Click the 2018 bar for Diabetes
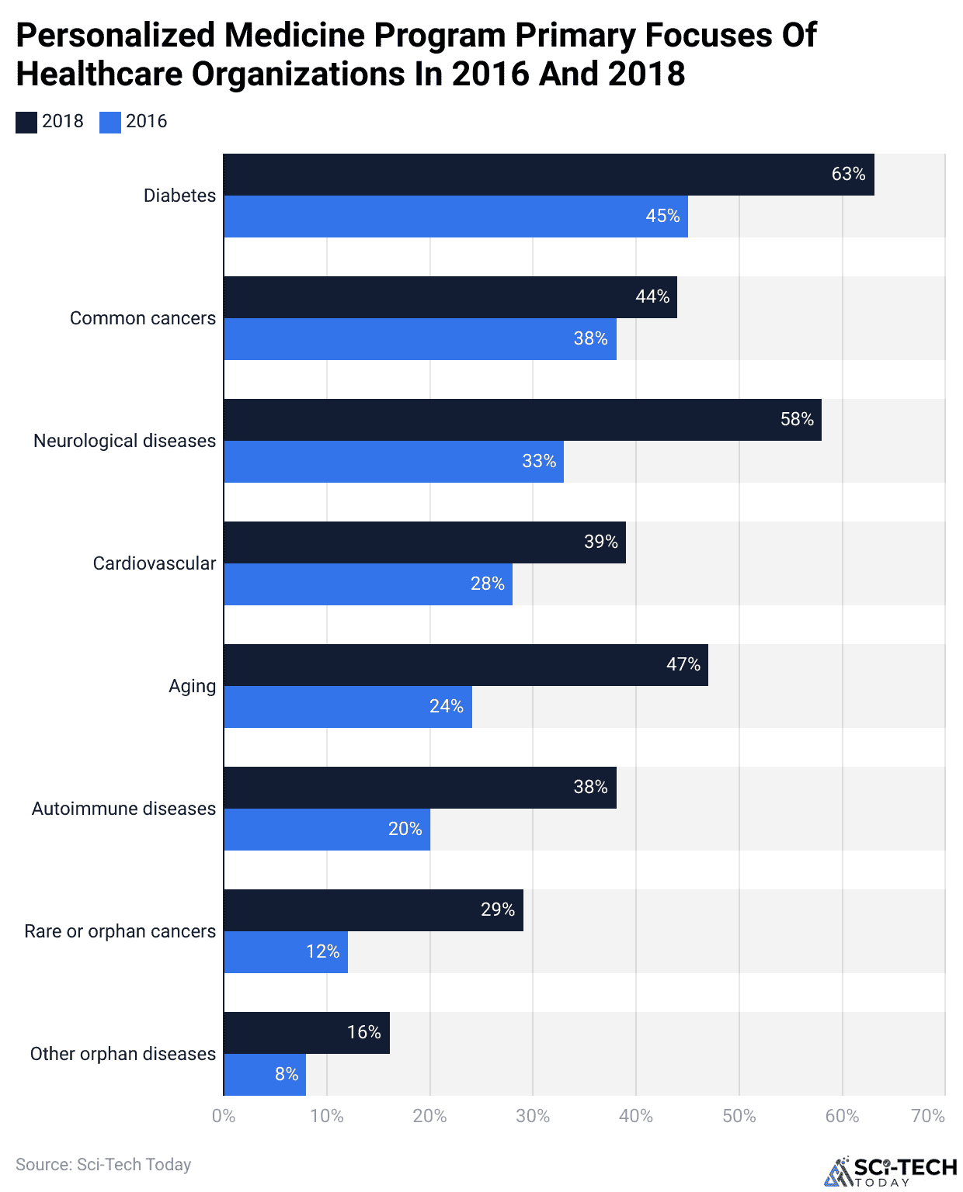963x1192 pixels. click(548, 175)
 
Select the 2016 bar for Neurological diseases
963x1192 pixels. click(393, 462)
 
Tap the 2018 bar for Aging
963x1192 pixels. click(465, 665)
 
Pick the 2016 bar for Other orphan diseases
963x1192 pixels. click(264, 1075)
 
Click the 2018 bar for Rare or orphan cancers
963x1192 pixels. click(373, 910)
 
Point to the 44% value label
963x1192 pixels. click(652, 296)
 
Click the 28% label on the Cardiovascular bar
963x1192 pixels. click(488, 584)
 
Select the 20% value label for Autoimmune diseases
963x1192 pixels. click(405, 829)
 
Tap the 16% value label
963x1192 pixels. click(364, 1032)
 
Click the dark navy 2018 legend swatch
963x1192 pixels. click(26, 123)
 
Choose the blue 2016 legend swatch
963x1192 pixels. click(110, 123)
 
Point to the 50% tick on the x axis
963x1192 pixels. click(739, 1116)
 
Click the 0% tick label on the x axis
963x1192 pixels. click(224, 1116)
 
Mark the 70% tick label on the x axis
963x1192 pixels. click(928, 1116)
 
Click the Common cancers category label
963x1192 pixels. click(143, 318)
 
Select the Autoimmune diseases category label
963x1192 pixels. click(123, 809)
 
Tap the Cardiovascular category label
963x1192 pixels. click(155, 563)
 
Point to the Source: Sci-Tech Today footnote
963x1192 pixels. click(103, 1164)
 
